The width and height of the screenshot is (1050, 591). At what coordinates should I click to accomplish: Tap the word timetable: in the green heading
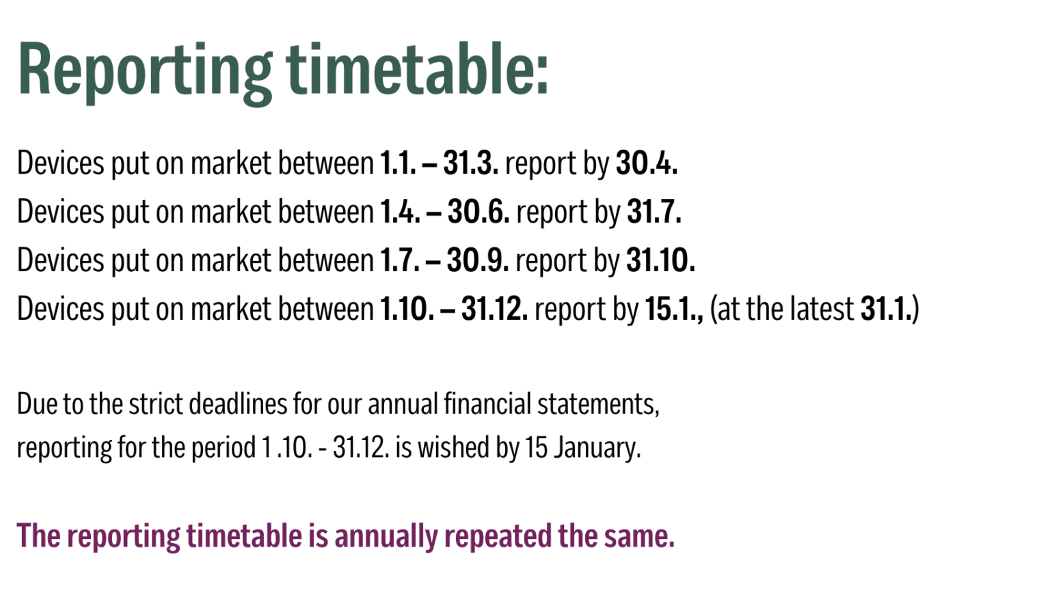click(417, 68)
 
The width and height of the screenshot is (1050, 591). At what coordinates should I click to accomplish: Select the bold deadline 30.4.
click(647, 163)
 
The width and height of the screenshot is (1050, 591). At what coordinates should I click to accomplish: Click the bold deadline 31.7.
click(654, 211)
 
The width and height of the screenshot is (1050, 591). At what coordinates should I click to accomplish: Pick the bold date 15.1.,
click(674, 310)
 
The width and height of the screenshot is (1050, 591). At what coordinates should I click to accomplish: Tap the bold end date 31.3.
click(471, 163)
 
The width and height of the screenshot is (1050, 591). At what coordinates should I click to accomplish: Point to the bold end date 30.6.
click(479, 211)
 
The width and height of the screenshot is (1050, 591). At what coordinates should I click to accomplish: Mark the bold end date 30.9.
click(478, 260)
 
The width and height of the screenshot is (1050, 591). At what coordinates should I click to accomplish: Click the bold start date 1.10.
click(407, 309)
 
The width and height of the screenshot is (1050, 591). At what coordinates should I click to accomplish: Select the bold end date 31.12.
click(494, 309)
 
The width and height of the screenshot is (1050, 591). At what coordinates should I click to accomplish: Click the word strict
click(156, 404)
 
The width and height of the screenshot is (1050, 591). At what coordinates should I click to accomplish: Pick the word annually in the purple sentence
click(386, 536)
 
